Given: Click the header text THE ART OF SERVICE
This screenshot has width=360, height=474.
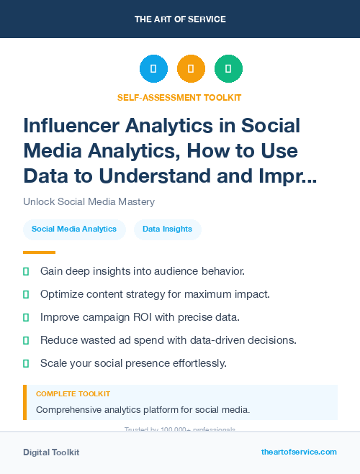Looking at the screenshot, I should coord(179,19).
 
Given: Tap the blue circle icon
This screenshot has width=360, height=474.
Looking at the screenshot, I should coord(153,69).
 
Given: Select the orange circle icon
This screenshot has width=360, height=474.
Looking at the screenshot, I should coord(191,69).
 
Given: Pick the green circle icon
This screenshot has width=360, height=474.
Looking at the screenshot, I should coord(228,69).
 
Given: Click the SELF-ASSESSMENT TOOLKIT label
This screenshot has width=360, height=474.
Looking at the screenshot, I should coord(179,97).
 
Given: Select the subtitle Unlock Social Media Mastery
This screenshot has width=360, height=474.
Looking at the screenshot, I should coord(89,202).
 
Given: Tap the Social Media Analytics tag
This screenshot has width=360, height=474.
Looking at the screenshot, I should coord(74,229).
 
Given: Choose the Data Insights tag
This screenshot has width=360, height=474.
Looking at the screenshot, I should coord(167,229).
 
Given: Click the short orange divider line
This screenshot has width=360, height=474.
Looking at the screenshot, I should coord(39,252).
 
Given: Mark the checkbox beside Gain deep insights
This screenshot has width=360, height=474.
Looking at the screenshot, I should coord(27,271).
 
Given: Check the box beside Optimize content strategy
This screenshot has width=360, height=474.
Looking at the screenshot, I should coord(27,294).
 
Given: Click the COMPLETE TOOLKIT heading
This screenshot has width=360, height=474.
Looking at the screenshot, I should coord(73,394).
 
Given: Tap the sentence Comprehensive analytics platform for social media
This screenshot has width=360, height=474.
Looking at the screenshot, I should coord(143,410).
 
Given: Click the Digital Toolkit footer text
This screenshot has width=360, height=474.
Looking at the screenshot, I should coord(51,452).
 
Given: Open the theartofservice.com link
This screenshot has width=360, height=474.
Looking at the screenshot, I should coord(299,452).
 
